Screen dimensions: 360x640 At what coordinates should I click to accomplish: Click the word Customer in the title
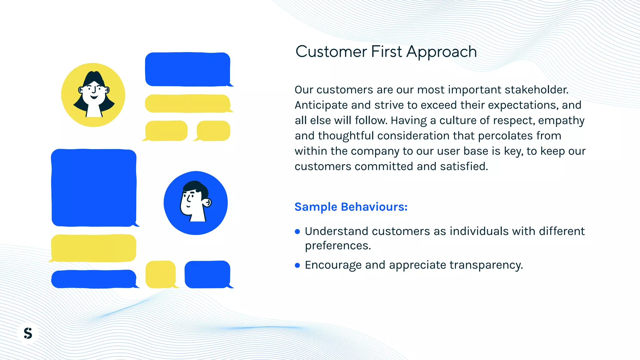point(331,52)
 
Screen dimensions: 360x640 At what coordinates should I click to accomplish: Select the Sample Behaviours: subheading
point(351,207)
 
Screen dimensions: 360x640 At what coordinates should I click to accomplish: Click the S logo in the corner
point(28,333)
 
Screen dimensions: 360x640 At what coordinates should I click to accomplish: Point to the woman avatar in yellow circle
point(93,95)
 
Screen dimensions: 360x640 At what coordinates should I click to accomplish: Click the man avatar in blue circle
point(196,203)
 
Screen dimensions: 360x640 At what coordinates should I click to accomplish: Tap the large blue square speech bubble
point(94,187)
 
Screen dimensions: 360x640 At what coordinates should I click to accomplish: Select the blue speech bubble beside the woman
point(187,69)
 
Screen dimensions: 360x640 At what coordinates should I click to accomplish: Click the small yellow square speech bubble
point(160,274)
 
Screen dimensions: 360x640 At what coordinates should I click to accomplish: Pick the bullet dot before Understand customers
point(297,232)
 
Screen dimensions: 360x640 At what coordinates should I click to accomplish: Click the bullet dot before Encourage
point(297,265)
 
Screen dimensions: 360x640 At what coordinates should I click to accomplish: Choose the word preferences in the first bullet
point(337,246)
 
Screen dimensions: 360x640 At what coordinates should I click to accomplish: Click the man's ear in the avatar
point(207,203)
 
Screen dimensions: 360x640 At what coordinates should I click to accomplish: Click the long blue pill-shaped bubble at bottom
point(94,279)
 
